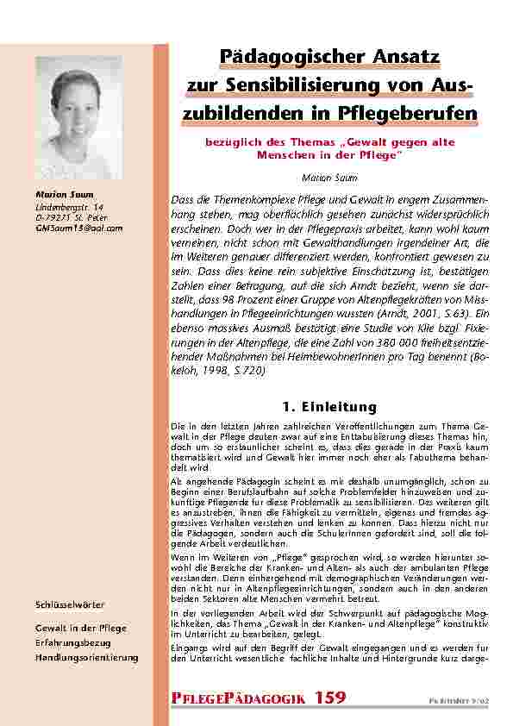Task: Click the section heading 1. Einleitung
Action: click(330, 406)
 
